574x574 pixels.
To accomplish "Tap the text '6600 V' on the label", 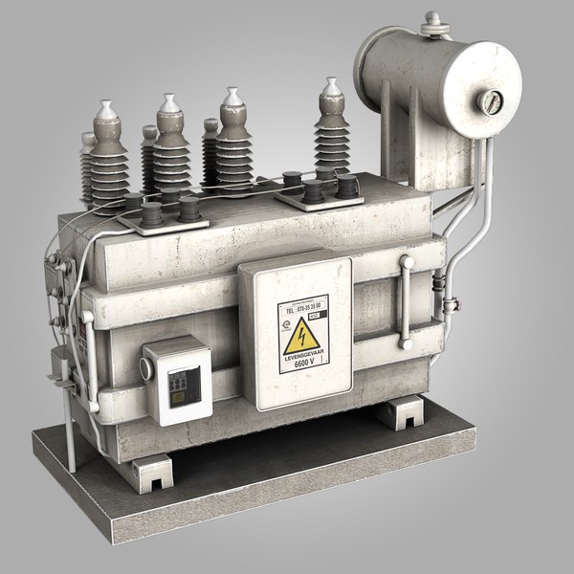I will (x=303, y=365).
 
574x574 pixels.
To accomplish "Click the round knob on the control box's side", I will (x=145, y=366).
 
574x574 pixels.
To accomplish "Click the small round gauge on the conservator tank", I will (x=491, y=102).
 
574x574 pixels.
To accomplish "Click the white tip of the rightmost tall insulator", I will (x=331, y=89).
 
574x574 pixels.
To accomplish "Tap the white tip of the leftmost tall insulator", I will (x=105, y=111).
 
